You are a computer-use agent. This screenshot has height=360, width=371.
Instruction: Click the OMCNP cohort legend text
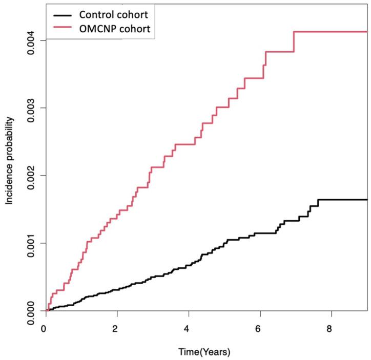point(112,29)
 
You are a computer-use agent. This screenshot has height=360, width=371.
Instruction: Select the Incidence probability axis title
point(9,161)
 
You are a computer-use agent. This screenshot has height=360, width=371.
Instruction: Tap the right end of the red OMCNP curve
point(366,32)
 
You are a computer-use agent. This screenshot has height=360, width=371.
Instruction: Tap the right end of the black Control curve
point(366,199)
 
